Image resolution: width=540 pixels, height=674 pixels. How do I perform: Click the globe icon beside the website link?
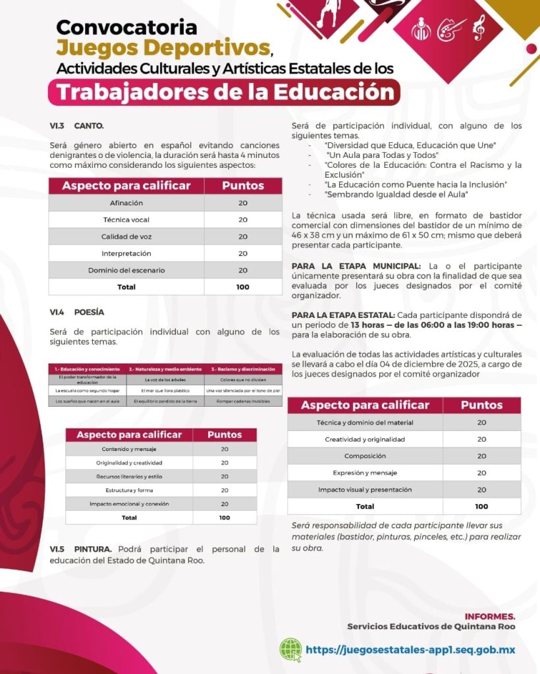coord(290,649)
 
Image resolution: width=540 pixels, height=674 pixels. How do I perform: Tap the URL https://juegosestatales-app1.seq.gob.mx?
coord(410,650)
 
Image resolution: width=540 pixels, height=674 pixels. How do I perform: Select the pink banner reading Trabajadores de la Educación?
coord(223,92)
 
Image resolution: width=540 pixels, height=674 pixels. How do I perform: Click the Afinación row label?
coord(126,203)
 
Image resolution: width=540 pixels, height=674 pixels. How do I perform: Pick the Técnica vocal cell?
coord(126,220)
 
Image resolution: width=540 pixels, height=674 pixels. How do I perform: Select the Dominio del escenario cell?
coord(126,270)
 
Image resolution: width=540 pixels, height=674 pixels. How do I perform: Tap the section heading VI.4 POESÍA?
coord(76,312)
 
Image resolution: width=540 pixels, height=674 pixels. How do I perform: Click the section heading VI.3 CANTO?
coord(76,125)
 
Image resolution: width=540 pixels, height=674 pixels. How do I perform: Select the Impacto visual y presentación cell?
coord(365,490)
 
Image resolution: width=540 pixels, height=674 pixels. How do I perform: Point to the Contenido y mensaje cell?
coord(129,449)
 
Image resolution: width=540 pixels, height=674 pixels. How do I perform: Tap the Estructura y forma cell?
coord(129,490)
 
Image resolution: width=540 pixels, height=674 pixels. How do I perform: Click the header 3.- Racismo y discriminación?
coord(243,369)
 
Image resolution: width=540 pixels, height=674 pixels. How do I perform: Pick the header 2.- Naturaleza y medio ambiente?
coord(165,369)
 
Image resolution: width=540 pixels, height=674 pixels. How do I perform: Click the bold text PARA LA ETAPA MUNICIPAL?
coord(342,265)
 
